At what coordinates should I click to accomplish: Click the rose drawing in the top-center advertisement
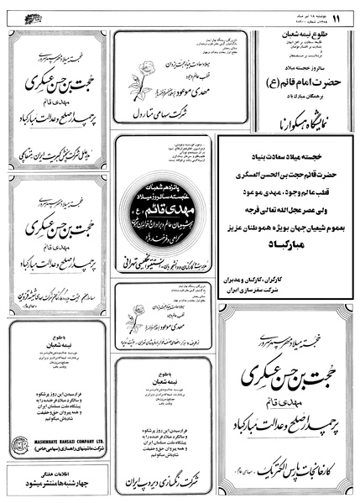tap(136, 87)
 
